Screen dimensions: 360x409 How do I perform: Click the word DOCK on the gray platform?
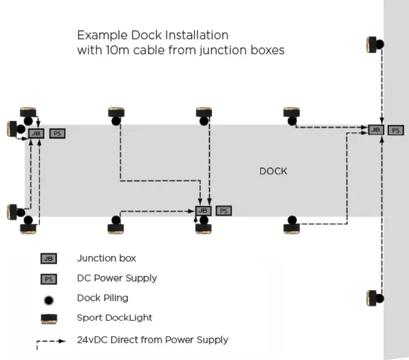click(273, 171)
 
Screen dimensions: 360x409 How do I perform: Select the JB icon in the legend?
click(48, 259)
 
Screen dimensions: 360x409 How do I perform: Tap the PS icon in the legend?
click(48, 278)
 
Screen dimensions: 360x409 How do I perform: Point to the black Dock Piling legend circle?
click(48, 299)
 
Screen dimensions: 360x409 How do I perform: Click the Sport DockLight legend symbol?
click(48, 318)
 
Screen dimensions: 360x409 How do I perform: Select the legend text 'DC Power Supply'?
click(117, 278)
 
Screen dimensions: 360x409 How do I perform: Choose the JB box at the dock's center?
click(204, 211)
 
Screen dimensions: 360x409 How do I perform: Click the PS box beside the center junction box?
click(223, 211)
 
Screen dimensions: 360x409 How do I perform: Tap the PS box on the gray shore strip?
click(396, 130)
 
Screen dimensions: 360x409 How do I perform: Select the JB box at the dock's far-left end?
click(36, 134)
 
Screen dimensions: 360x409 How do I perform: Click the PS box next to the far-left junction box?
click(57, 134)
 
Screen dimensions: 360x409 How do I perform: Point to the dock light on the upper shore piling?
click(371, 45)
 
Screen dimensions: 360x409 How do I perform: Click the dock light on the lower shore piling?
click(371, 298)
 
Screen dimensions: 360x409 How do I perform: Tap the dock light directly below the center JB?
click(204, 228)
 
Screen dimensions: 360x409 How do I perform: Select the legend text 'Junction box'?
click(106, 258)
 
